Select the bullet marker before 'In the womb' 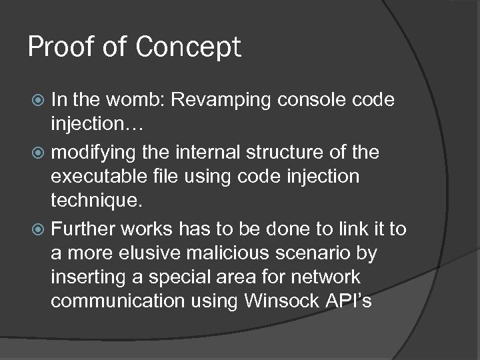tap(39, 101)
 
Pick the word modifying tap(94, 153)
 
